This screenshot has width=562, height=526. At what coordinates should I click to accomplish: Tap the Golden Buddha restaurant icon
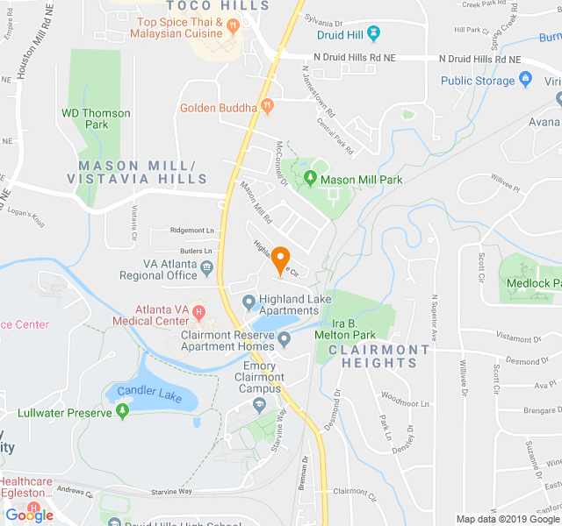(268, 108)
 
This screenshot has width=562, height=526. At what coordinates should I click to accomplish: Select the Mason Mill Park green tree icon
(309, 179)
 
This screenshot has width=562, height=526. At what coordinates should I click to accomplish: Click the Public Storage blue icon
(526, 81)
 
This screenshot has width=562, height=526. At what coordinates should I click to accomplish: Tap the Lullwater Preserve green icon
(122, 412)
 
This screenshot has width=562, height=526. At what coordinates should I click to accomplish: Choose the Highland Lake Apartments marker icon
(249, 303)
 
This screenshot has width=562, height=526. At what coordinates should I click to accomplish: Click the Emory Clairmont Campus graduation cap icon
(259, 404)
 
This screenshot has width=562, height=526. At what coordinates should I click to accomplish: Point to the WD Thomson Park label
(96, 118)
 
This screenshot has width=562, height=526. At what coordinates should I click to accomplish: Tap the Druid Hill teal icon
(375, 33)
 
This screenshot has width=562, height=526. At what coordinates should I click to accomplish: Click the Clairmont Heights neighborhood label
(379, 356)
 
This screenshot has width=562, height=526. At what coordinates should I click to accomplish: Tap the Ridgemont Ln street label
(192, 231)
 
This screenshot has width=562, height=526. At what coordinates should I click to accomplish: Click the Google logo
(29, 515)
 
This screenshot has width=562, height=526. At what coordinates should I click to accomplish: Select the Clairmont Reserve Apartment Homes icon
(284, 339)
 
